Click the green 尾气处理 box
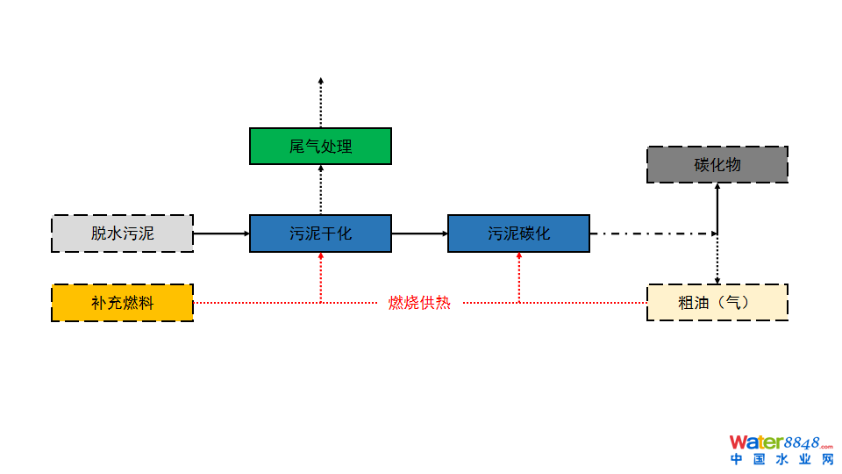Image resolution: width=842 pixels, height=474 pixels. click(x=320, y=146)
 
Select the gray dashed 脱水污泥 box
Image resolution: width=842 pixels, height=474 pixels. click(x=122, y=233)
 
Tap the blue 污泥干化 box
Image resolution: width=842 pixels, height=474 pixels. click(x=320, y=233)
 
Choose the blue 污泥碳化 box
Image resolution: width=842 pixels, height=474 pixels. click(x=518, y=233)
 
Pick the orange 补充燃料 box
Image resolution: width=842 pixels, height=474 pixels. click(x=122, y=303)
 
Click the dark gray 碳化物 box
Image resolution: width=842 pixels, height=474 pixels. click(x=717, y=165)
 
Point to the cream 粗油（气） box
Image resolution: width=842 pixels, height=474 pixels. click(x=717, y=303)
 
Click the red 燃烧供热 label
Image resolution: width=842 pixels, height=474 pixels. click(x=419, y=303)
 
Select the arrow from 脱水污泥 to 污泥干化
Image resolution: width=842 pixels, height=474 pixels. click(x=221, y=233)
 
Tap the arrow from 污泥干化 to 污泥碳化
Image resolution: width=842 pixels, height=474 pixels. click(x=419, y=233)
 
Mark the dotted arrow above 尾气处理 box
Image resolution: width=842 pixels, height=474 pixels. click(x=321, y=102)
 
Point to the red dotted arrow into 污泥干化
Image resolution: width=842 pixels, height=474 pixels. click(x=321, y=276)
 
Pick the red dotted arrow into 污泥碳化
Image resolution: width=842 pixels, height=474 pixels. click(x=519, y=276)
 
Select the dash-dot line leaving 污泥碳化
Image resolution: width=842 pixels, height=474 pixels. click(x=653, y=233)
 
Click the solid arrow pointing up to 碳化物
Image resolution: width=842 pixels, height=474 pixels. click(x=717, y=207)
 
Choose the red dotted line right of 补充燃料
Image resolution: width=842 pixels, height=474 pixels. click(x=254, y=303)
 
